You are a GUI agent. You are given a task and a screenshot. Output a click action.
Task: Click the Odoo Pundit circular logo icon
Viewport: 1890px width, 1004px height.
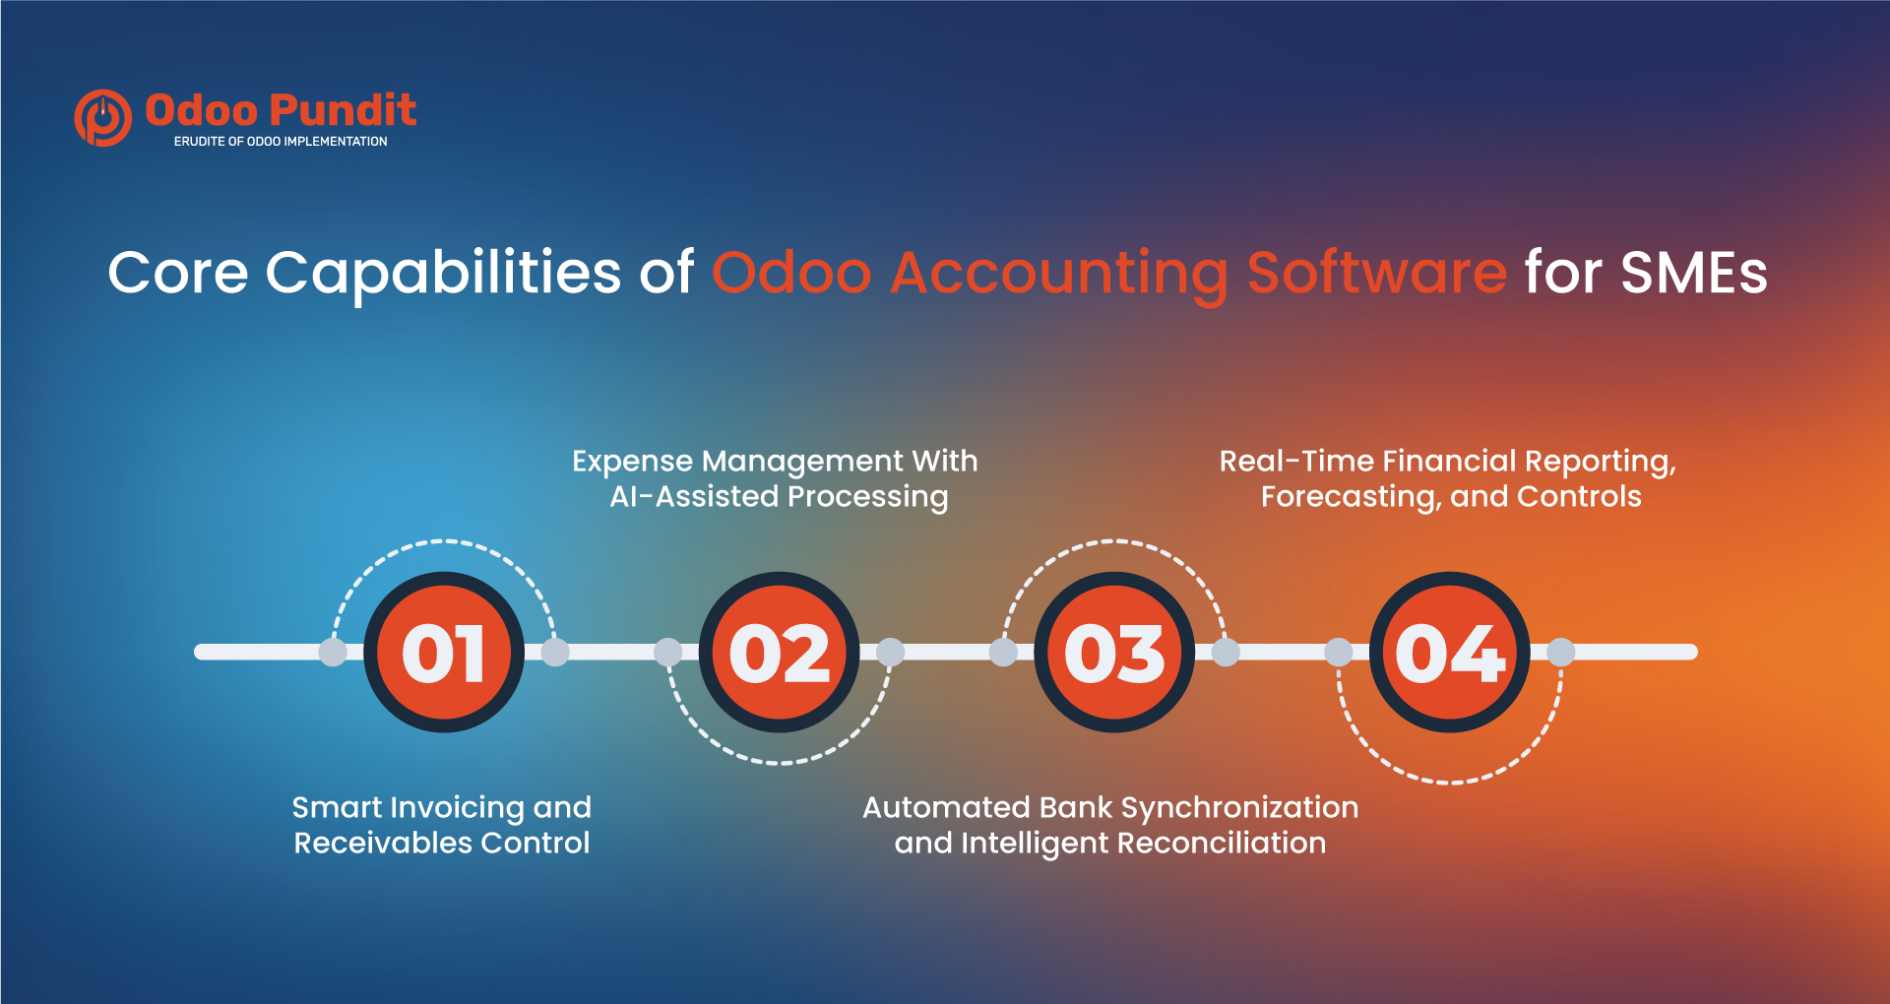click(x=103, y=118)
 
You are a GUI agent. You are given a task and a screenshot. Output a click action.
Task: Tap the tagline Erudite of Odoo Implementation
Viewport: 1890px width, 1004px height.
click(x=281, y=142)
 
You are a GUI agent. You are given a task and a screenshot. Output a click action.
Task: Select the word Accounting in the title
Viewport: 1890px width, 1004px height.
click(x=1059, y=274)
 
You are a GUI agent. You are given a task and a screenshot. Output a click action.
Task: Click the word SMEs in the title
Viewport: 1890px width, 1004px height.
click(x=1694, y=273)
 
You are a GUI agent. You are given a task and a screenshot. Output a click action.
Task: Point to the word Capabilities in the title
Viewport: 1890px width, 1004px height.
click(x=443, y=274)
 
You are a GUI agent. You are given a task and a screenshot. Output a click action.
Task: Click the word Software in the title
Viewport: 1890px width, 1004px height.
click(x=1376, y=273)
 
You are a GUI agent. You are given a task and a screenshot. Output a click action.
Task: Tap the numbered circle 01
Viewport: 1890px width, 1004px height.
click(x=444, y=652)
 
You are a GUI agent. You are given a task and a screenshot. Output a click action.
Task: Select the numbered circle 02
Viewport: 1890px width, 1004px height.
click(x=779, y=652)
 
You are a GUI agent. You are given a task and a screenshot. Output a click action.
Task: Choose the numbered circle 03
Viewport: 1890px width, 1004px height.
click(x=1114, y=652)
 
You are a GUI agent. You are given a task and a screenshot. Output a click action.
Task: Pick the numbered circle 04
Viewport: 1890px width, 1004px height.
click(x=1450, y=652)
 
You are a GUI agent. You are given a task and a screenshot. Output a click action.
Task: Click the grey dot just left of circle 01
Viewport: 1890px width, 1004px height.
click(x=333, y=652)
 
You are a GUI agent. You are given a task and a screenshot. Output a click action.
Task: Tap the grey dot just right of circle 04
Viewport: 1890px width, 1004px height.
click(x=1561, y=652)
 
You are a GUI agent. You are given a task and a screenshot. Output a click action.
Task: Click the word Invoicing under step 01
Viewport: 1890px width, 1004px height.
click(x=457, y=808)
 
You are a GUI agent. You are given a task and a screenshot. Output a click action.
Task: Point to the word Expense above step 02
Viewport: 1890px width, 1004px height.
click(x=632, y=462)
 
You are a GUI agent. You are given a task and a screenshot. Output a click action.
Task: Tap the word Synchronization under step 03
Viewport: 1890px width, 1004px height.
click(x=1239, y=808)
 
